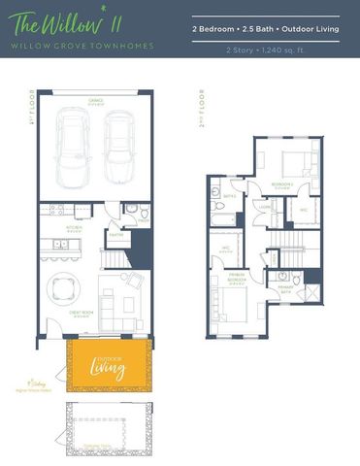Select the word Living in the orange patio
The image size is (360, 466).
coord(107,368)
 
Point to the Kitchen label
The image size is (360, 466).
coord(73,229)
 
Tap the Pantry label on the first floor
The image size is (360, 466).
coord(115,236)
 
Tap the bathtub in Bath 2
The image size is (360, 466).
coord(224,215)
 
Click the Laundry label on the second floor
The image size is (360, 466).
coord(264,207)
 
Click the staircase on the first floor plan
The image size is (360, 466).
coord(117,257)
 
